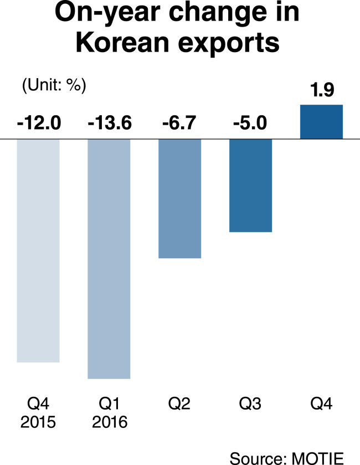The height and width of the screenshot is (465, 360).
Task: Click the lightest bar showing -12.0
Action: [38, 251]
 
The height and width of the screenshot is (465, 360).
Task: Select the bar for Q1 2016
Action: [109, 259]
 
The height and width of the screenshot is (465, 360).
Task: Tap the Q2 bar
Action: [179, 198]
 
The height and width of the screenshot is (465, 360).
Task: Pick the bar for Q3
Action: [250, 185]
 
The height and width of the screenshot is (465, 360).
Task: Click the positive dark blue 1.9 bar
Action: [321, 121]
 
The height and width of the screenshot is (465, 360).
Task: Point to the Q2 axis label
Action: [179, 403]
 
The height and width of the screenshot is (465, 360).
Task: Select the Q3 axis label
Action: [250, 403]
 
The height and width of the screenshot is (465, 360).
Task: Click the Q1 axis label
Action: [109, 403]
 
